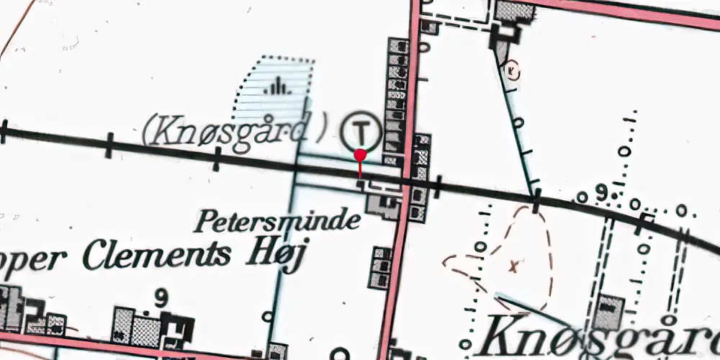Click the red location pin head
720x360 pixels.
pyautogui.click(x=360, y=155)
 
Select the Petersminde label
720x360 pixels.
pyautogui.click(x=276, y=220)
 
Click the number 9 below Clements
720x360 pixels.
pyautogui.click(x=161, y=296)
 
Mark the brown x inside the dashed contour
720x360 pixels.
pyautogui.click(x=513, y=267)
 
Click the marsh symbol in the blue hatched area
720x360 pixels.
pyautogui.click(x=276, y=89)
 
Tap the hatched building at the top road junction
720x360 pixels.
pyautogui.click(x=514, y=12)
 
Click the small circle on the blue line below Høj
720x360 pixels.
pyautogui.click(x=268, y=315)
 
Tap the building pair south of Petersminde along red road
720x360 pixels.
pyautogui.click(x=380, y=268)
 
